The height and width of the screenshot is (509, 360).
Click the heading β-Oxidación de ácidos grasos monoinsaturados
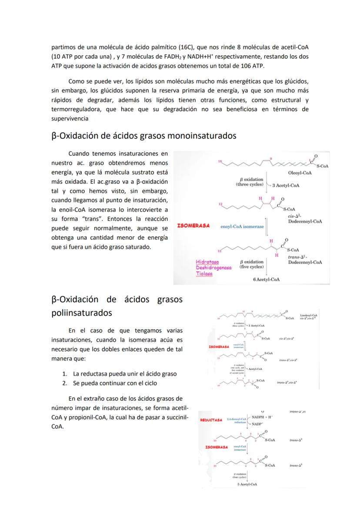(x=143, y=136)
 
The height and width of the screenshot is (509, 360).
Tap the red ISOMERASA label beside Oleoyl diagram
(x=193, y=226)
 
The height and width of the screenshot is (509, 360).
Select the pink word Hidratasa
(x=208, y=262)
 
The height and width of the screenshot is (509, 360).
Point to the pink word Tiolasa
(x=204, y=274)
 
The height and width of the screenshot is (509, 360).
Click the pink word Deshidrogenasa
(x=213, y=268)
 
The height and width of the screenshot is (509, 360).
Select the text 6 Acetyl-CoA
(x=266, y=279)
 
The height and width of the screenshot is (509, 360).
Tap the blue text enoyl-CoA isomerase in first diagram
(x=242, y=226)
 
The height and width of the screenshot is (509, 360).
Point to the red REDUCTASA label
(x=211, y=420)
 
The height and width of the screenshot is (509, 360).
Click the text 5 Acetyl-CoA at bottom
(x=248, y=484)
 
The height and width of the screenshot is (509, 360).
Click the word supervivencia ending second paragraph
(x=70, y=118)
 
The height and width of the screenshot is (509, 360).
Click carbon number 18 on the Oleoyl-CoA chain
(x=220, y=161)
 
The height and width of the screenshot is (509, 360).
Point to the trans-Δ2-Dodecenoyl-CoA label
(x=304, y=260)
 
